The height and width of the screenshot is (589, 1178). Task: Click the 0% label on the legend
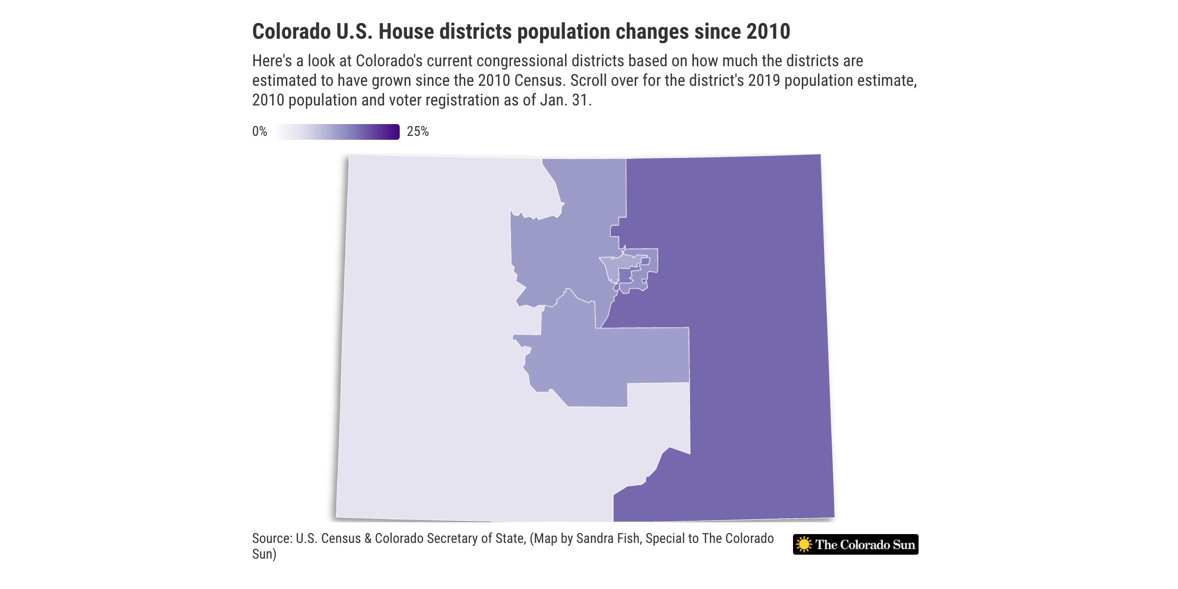click(x=259, y=131)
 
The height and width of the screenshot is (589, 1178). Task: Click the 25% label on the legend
click(x=417, y=131)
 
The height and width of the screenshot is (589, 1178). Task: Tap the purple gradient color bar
click(x=337, y=132)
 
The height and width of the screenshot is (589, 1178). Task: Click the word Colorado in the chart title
click(x=291, y=32)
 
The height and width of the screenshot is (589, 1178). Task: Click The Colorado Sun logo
click(x=855, y=544)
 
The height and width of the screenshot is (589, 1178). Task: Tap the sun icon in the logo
click(x=804, y=544)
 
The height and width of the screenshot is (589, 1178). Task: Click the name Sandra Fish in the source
click(x=608, y=538)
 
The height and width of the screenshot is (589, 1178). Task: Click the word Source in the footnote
click(x=271, y=538)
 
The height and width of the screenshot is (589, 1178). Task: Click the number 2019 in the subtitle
click(x=764, y=81)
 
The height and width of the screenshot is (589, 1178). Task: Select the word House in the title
click(x=406, y=32)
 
